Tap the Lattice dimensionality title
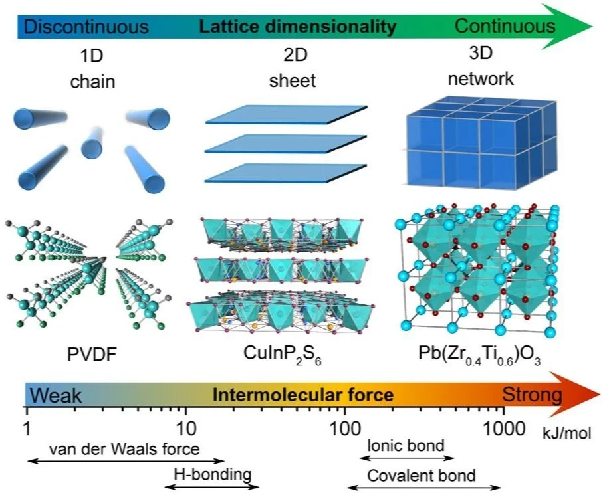(x=298, y=27)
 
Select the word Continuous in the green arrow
(x=505, y=26)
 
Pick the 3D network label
(x=481, y=68)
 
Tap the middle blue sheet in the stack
(x=287, y=144)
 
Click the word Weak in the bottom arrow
(x=57, y=397)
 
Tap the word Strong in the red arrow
(x=531, y=396)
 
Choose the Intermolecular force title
(x=302, y=397)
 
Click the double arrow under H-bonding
(x=212, y=487)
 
